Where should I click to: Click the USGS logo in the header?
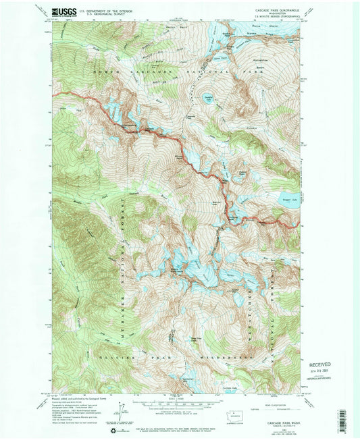pos(65,12)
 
